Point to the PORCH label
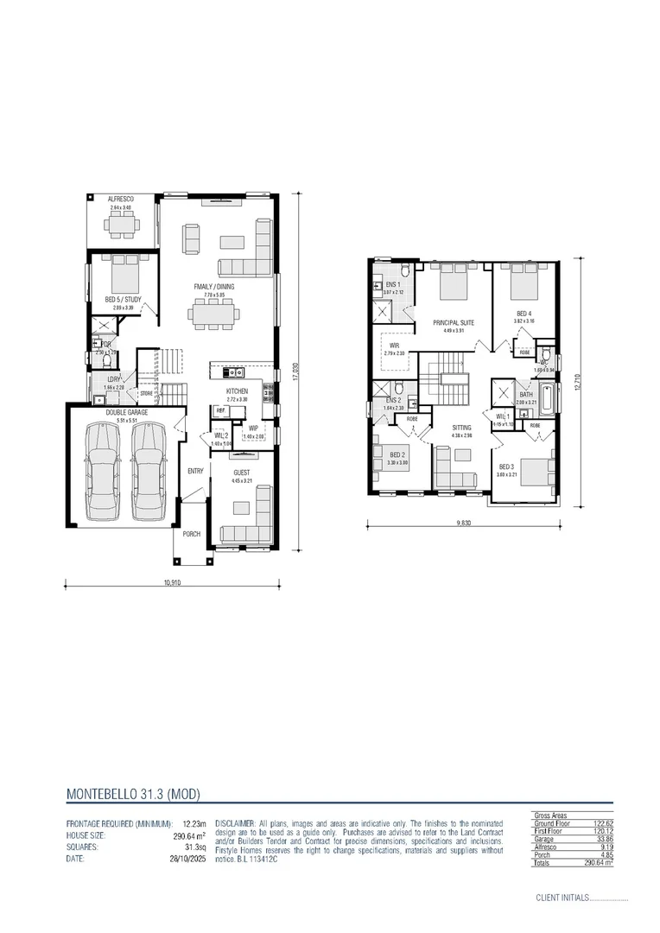(191, 534)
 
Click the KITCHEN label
(237, 391)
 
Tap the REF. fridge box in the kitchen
(220, 411)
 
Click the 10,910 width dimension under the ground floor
(172, 582)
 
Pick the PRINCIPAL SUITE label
(454, 322)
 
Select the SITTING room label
(463, 428)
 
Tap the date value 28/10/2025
(190, 859)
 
